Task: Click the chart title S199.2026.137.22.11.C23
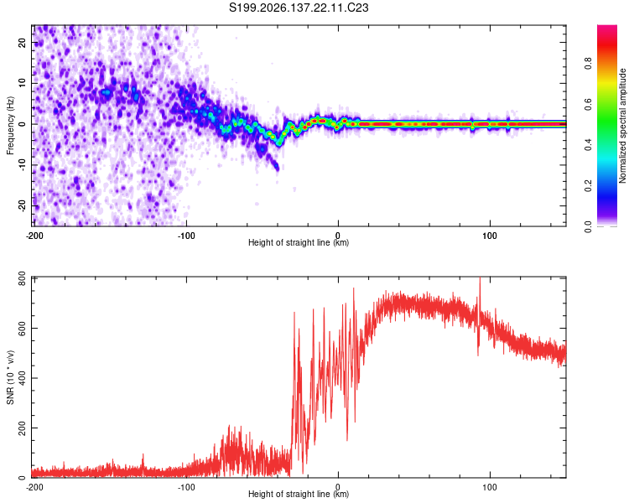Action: [299, 8]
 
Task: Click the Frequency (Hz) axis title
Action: [10, 126]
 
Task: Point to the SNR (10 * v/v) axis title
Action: [10, 377]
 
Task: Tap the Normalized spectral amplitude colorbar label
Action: [622, 126]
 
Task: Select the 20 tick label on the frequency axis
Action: [23, 43]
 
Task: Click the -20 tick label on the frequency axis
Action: [23, 206]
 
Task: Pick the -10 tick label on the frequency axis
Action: [23, 165]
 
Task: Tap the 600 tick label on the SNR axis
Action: [22, 328]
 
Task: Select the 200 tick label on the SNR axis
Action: [22, 428]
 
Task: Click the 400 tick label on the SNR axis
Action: [22, 378]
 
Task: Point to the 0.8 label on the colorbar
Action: [588, 64]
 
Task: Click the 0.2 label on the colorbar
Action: [588, 186]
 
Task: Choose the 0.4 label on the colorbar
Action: [588, 145]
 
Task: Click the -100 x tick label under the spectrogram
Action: [186, 236]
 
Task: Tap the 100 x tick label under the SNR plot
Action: [490, 487]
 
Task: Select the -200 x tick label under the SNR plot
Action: [34, 487]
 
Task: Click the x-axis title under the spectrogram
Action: [299, 242]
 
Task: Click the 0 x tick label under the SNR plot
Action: [338, 487]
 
